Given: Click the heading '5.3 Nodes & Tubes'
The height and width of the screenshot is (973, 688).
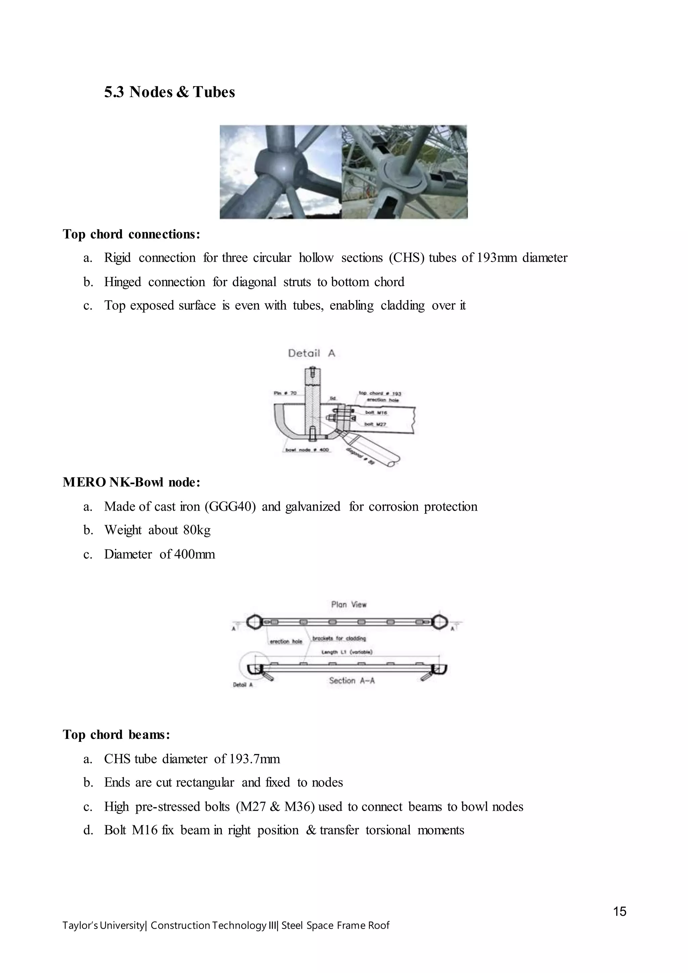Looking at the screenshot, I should pyautogui.click(x=169, y=92).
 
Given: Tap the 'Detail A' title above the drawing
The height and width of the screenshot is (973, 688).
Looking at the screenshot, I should pyautogui.click(x=311, y=353).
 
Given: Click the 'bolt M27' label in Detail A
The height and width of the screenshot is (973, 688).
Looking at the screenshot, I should pyautogui.click(x=375, y=424).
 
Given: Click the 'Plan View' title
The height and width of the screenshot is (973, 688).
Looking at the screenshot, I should pyautogui.click(x=349, y=604).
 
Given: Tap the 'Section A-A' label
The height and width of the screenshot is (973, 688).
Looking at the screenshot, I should pyautogui.click(x=352, y=681).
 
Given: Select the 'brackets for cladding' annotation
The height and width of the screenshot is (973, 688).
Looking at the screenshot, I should pyautogui.click(x=339, y=638).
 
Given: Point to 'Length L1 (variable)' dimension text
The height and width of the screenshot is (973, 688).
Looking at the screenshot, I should pyautogui.click(x=347, y=652).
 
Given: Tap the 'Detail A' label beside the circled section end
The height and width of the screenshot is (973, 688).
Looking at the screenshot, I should pyautogui.click(x=243, y=685).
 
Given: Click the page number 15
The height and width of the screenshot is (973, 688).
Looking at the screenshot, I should pyautogui.click(x=619, y=911).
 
